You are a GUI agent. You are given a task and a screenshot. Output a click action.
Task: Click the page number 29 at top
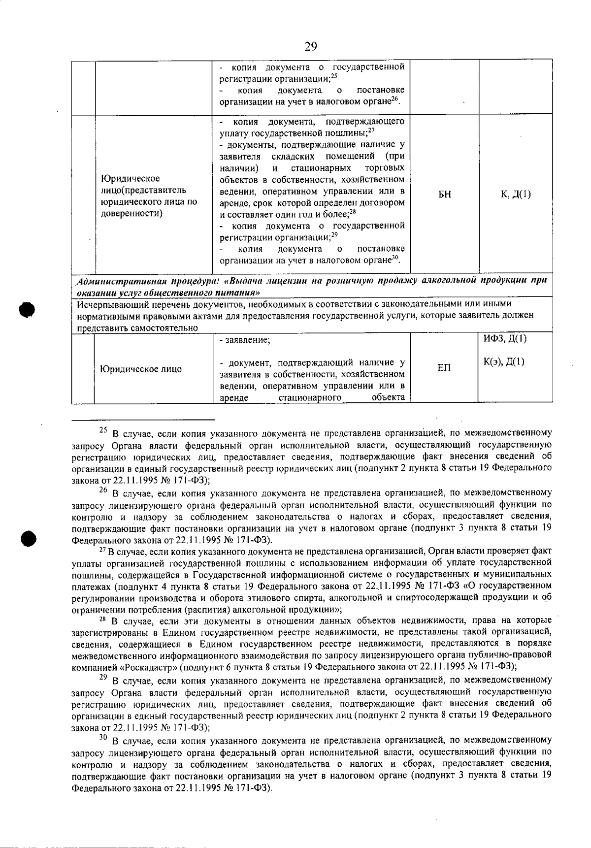coord(311,47)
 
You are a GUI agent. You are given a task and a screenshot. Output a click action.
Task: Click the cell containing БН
coord(444,195)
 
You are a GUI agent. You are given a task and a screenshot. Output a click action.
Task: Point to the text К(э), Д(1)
coord(504,362)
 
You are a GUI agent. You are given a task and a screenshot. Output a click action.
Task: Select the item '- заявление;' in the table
coord(245,340)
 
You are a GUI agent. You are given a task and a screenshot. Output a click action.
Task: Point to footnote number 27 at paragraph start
coord(102,549)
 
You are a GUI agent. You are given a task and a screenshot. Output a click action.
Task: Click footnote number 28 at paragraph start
coord(103,619)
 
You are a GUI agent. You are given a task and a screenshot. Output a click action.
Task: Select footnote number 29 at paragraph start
coord(103,678)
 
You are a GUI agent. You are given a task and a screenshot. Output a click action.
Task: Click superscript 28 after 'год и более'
coord(353,212)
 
